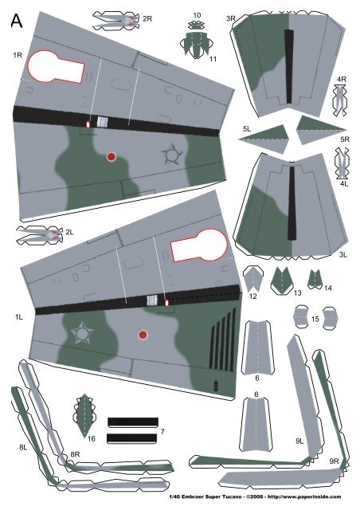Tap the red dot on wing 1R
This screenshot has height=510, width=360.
click(112, 157)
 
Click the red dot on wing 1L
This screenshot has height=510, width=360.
click(143, 335)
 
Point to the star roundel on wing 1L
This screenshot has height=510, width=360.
click(80, 332)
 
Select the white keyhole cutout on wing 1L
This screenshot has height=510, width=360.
click(197, 249)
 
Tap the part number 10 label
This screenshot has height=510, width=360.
click(197, 15)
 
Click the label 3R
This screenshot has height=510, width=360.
click(230, 18)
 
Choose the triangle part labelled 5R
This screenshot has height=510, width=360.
click(319, 128)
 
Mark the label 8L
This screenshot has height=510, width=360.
click(23, 448)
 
